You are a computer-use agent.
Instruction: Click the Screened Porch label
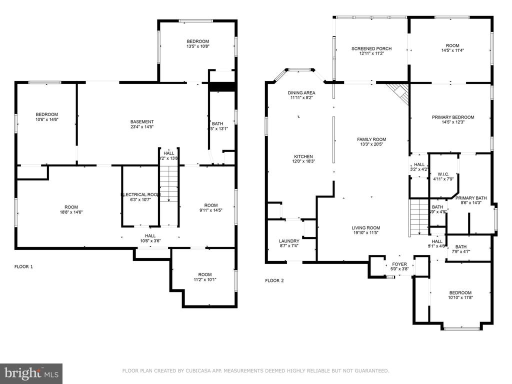[x=371, y=48]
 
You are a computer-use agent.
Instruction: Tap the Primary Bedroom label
[x=453, y=117]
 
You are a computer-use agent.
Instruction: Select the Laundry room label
[x=289, y=241]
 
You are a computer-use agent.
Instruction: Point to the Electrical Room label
[x=140, y=194]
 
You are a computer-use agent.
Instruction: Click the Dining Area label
[x=301, y=93]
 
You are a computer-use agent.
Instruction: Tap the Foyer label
[x=399, y=264]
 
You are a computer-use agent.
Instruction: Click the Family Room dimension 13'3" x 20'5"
[x=371, y=145]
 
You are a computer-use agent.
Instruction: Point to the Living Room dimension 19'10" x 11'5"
[x=372, y=233]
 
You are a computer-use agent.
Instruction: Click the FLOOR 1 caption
[x=23, y=266]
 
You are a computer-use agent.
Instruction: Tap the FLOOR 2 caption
[x=274, y=280]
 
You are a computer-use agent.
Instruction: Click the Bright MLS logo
[x=31, y=372]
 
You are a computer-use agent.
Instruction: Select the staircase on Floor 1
[x=169, y=184]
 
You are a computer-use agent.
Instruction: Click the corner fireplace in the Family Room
[x=399, y=91]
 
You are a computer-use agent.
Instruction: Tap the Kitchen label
[x=303, y=156]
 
